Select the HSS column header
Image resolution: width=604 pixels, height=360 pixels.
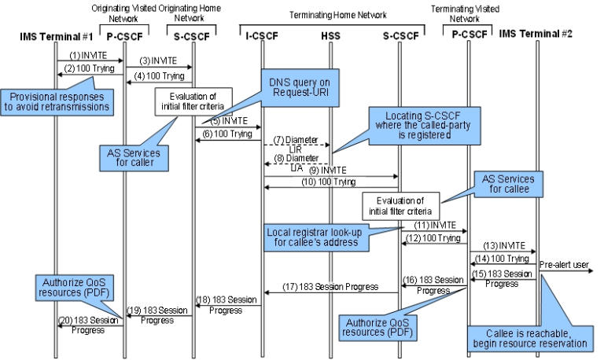coord(331,36)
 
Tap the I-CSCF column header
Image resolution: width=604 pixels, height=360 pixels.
coord(262,36)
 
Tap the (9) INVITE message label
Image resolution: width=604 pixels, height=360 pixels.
coord(330,171)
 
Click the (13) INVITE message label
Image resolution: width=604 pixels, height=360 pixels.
coord(503,244)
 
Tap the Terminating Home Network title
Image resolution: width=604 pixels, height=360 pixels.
coord(331,13)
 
